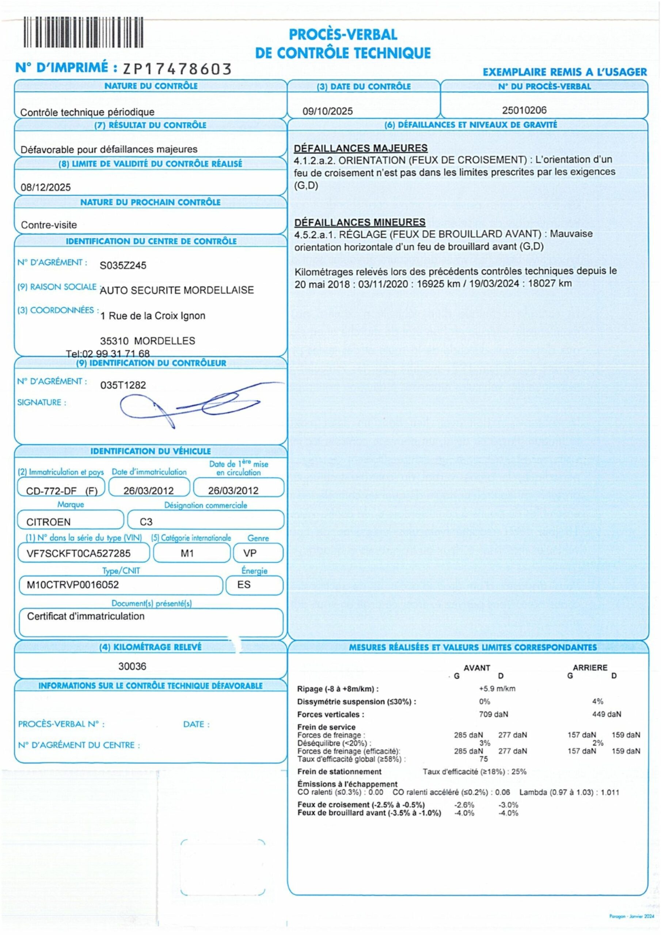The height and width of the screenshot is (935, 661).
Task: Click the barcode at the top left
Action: click(84, 32)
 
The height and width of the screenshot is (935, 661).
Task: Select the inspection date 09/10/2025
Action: click(328, 111)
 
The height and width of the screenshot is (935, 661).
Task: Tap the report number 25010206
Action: click(524, 110)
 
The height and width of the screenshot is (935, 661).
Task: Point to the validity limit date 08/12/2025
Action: click(46, 187)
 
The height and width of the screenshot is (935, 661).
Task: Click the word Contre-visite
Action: click(49, 225)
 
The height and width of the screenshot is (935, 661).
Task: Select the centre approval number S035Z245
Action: click(123, 265)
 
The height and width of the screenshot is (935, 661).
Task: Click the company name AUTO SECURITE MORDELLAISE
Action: click(177, 290)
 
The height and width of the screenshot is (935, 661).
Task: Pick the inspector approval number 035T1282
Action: click(123, 385)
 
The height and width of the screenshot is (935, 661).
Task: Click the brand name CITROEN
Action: click(49, 522)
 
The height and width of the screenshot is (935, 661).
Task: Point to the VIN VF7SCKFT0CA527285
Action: click(79, 553)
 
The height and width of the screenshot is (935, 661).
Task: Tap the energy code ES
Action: click(244, 585)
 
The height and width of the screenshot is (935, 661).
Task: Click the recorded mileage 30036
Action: click(132, 666)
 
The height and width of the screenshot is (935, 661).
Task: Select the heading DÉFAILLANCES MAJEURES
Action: click(361, 148)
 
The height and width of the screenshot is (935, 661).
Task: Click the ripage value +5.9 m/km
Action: click(497, 688)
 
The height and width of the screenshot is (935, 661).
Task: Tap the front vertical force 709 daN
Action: click(494, 714)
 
